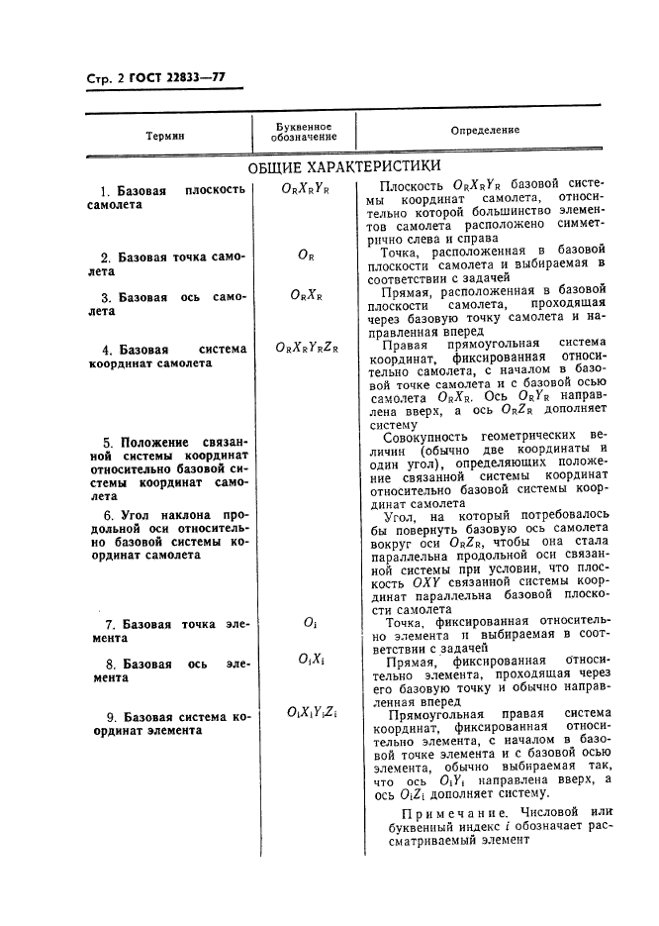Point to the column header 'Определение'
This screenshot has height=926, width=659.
tap(485, 131)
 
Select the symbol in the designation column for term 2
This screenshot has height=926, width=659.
tap(306, 256)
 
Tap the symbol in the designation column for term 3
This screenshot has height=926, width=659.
tap(306, 295)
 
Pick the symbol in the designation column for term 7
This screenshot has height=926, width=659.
tap(307, 623)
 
